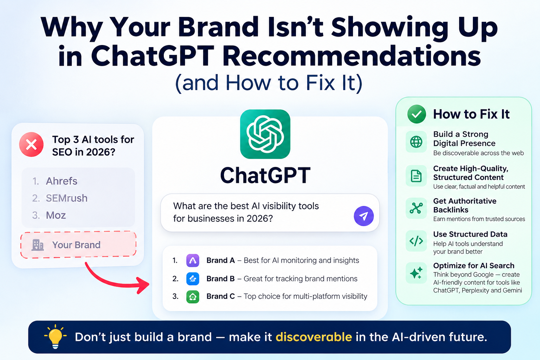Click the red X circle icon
point(31,144)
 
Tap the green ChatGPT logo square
point(265,134)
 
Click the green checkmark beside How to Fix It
point(417,114)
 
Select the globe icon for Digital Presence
point(416,142)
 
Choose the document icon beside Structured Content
point(416,176)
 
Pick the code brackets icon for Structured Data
point(416,241)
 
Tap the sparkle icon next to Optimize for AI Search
point(416,273)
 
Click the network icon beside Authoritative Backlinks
point(416,208)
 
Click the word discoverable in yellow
point(314,337)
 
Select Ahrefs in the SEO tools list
point(62,181)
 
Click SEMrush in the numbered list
point(66,198)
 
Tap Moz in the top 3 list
point(56,215)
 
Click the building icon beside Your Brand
point(38,245)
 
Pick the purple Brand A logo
point(193,261)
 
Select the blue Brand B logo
point(193,279)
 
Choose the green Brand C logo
point(193,297)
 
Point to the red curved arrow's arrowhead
point(143,285)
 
